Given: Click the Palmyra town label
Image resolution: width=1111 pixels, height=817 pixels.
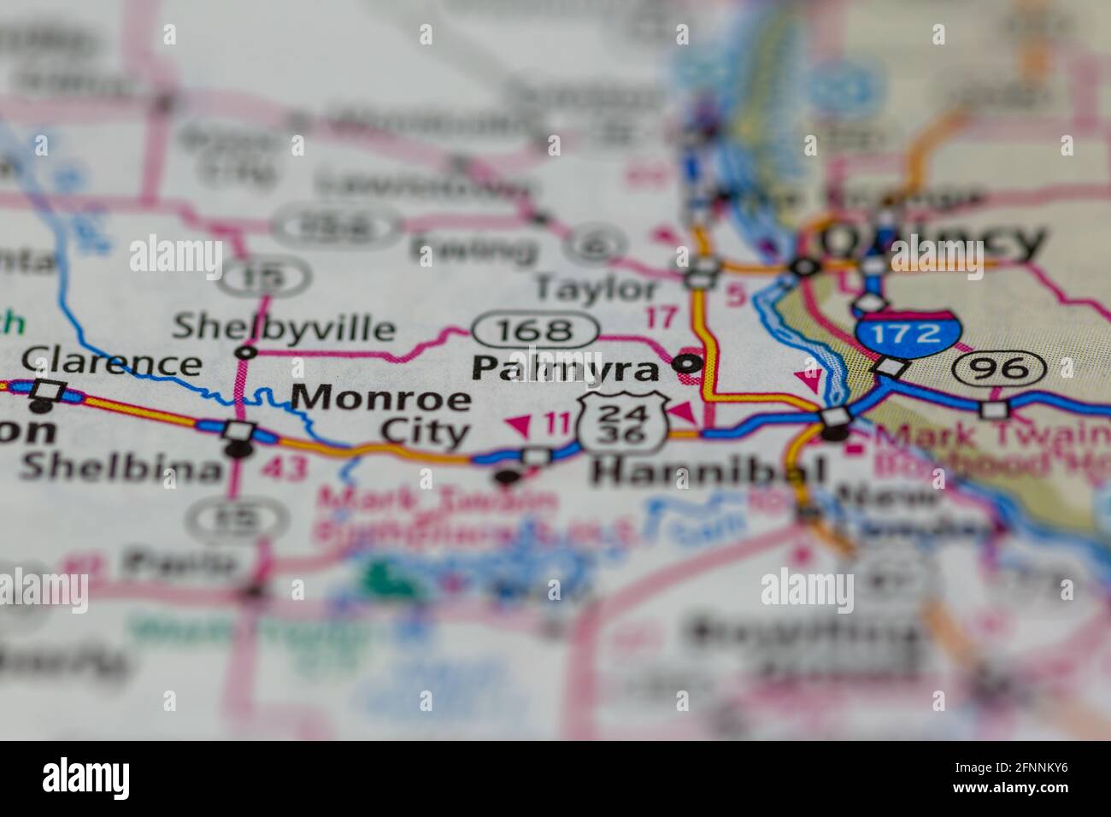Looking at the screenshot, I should pyautogui.click(x=565, y=368).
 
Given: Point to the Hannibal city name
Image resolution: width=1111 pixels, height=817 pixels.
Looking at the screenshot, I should pyautogui.click(x=708, y=471).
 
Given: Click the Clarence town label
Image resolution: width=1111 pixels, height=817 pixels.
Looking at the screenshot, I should pyautogui.click(x=111, y=362).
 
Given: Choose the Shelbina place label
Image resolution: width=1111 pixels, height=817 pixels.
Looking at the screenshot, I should pyautogui.click(x=120, y=467).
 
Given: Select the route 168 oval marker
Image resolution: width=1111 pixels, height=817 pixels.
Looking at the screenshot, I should pyautogui.click(x=535, y=330).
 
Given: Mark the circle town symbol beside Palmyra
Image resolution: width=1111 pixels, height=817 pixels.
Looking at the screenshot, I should pyautogui.click(x=688, y=364).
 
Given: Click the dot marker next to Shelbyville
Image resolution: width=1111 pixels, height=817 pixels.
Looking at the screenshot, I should pyautogui.click(x=247, y=351).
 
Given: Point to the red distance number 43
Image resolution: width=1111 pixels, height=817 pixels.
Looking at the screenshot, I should pyautogui.click(x=283, y=468).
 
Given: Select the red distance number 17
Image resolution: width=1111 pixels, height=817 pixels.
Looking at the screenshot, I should pyautogui.click(x=660, y=317).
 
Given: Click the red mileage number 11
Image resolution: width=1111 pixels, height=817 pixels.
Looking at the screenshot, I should pyautogui.click(x=556, y=421).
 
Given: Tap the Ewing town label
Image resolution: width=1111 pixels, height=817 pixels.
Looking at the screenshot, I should pyautogui.click(x=473, y=250).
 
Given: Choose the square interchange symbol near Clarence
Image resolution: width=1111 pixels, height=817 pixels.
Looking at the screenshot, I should pyautogui.click(x=50, y=391).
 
